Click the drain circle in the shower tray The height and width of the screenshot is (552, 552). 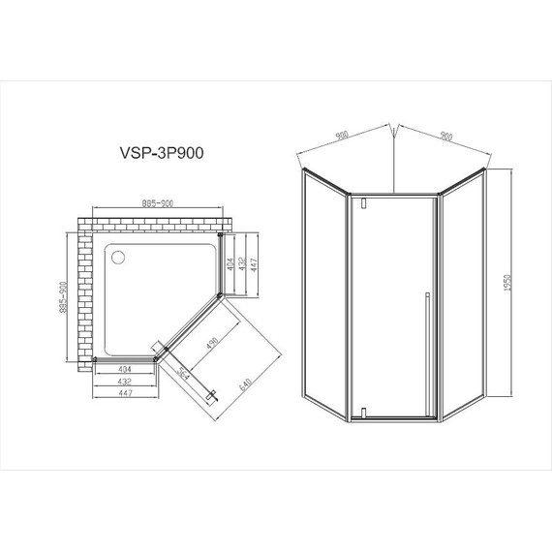click(119, 258)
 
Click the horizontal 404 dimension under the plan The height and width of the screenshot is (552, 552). click(125, 370)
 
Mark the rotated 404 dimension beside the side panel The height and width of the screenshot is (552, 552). click(230, 263)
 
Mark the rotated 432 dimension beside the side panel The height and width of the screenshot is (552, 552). click(243, 263)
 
